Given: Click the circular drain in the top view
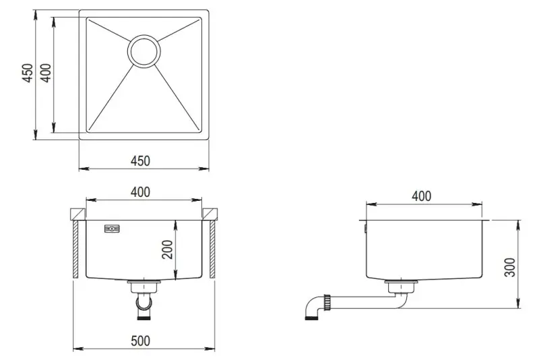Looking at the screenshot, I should tap(143, 51).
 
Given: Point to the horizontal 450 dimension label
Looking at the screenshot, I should tap(140, 160).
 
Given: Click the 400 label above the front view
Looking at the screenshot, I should tap(140, 192).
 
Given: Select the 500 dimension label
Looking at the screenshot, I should tap(140, 341).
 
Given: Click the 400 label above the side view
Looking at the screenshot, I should tap(421, 196).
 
